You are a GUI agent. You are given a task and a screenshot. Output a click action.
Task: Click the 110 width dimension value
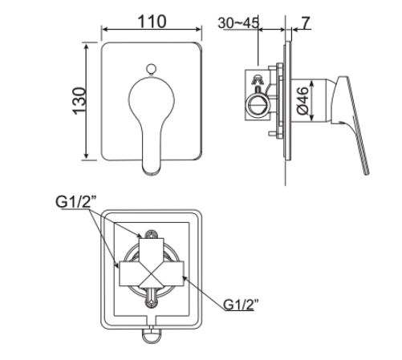click(150, 22)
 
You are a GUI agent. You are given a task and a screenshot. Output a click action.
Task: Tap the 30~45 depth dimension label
click(239, 22)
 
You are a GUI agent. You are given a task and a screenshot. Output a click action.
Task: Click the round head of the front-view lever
click(150, 97)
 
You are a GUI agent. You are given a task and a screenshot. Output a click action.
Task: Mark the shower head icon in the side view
click(258, 80)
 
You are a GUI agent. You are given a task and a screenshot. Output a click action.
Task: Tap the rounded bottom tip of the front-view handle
click(151, 169)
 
